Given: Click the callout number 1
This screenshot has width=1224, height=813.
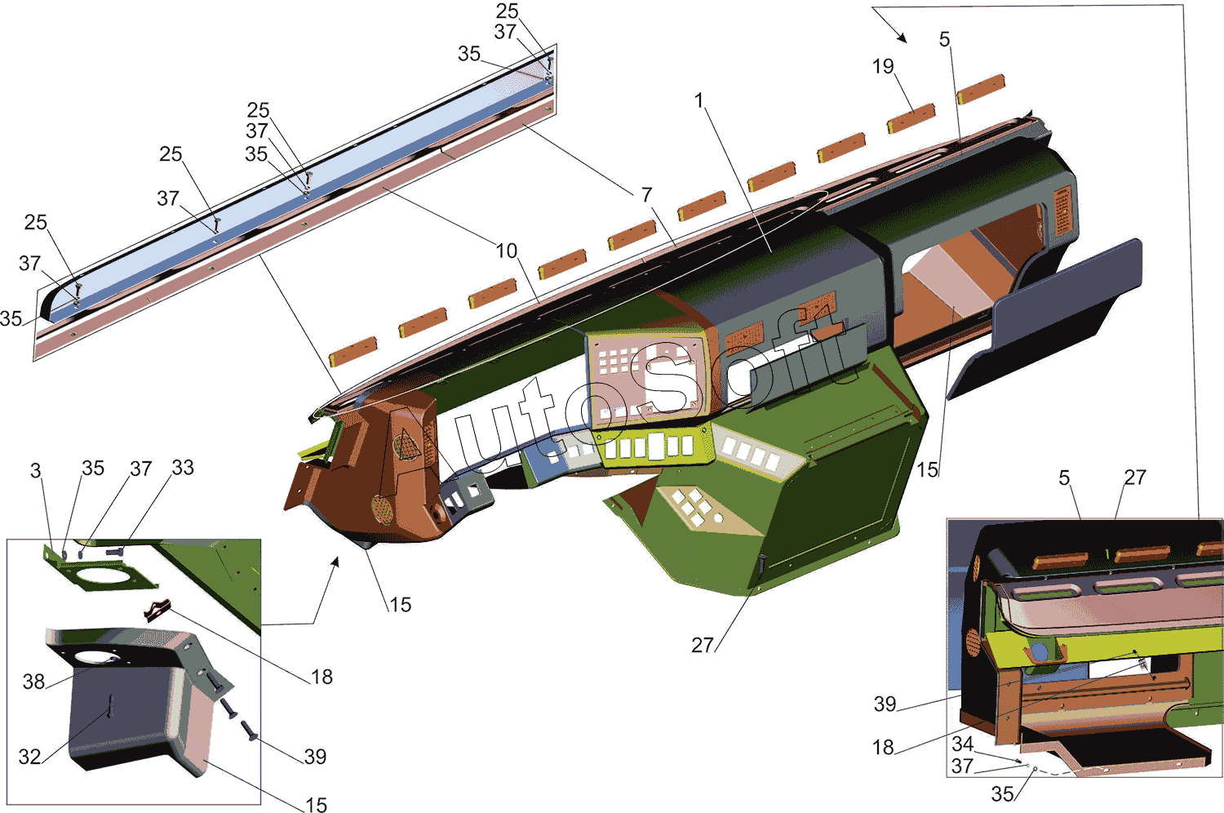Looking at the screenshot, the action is (x=698, y=100).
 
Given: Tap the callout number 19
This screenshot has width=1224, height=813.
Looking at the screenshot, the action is (x=883, y=67).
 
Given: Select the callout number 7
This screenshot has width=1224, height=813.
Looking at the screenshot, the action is (x=647, y=194).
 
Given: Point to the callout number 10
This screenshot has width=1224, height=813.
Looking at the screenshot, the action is (x=506, y=251).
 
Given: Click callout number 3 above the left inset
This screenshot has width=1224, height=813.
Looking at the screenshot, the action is (x=36, y=471).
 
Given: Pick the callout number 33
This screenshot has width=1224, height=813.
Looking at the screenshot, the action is (x=183, y=468).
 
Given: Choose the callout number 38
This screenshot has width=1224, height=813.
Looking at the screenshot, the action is (x=33, y=682).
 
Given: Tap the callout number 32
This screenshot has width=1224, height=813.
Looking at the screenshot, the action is (x=29, y=757).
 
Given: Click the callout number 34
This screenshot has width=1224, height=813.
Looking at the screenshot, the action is (x=963, y=744).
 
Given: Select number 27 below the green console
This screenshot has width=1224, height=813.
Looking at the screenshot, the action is (x=702, y=645).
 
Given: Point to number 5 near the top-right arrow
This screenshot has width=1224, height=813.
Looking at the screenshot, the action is (x=945, y=39).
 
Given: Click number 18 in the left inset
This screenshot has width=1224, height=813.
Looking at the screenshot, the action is (x=322, y=677).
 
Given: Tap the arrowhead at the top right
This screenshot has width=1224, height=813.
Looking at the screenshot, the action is (x=902, y=38).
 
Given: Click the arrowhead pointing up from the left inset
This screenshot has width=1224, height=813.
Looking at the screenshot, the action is (x=335, y=562).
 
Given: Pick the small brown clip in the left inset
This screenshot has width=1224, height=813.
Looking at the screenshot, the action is (x=157, y=609).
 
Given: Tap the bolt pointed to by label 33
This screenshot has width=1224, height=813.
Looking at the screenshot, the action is (x=116, y=553).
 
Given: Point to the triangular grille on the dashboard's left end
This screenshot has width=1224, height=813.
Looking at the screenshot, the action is (x=407, y=445).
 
